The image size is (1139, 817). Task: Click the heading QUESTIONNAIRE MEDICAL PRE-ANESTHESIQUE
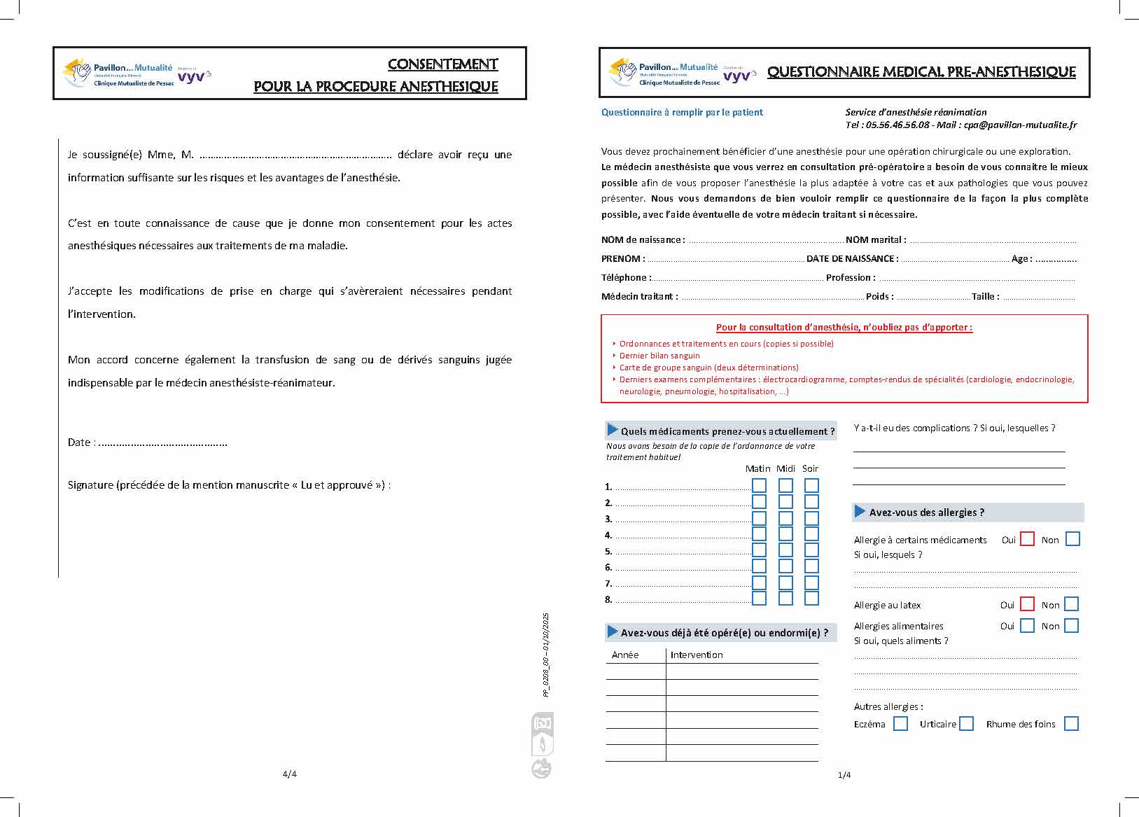(921, 71)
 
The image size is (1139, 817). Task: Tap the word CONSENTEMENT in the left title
(442, 64)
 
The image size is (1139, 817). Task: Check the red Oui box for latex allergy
(1027, 604)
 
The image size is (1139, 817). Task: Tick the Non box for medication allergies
(1072, 539)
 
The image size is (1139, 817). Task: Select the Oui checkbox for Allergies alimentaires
(1027, 626)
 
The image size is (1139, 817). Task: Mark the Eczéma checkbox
(900, 724)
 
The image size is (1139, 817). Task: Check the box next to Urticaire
(966, 724)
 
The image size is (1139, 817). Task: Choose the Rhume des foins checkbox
(1070, 724)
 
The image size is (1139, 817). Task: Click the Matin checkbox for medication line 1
(759, 486)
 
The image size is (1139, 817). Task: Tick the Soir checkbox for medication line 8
(811, 599)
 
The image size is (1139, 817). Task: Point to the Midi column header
(785, 468)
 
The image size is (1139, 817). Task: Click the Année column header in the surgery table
(625, 655)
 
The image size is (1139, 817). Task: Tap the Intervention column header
(697, 655)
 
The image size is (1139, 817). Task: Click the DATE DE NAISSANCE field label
(851, 259)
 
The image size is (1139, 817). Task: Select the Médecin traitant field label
(638, 297)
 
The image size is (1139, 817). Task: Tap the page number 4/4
(289, 774)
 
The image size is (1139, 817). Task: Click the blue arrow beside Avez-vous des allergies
(860, 512)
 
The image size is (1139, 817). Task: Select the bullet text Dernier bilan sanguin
(659, 356)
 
